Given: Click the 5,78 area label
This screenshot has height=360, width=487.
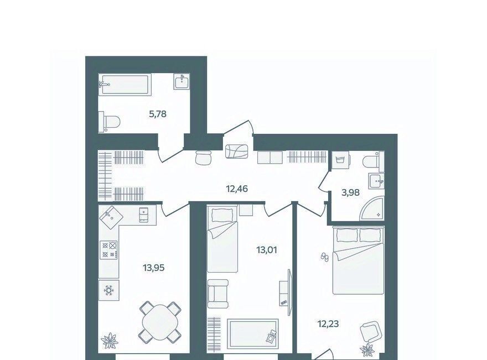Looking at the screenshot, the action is click(158, 114).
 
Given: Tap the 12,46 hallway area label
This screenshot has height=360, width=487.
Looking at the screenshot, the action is click(237, 189).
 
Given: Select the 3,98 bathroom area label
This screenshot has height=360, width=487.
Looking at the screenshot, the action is click(350, 193).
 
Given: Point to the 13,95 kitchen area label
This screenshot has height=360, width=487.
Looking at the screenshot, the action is click(153, 267).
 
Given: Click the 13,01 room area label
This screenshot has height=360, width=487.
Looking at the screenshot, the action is click(267, 249).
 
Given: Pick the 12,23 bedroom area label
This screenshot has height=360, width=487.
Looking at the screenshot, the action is click(328, 324).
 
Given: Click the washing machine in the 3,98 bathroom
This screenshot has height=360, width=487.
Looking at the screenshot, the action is click(340, 160).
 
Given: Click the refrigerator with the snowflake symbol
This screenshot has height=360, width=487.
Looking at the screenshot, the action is click(108, 290).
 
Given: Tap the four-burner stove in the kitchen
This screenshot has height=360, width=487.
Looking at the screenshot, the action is click(109, 250).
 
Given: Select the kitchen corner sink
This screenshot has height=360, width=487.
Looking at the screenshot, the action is click(110, 217).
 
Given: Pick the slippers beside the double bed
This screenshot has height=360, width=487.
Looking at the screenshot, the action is click(324, 257).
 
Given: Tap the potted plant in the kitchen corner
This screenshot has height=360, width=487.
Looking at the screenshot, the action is click(110, 341).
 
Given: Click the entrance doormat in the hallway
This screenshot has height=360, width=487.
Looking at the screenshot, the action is click(237, 152).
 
